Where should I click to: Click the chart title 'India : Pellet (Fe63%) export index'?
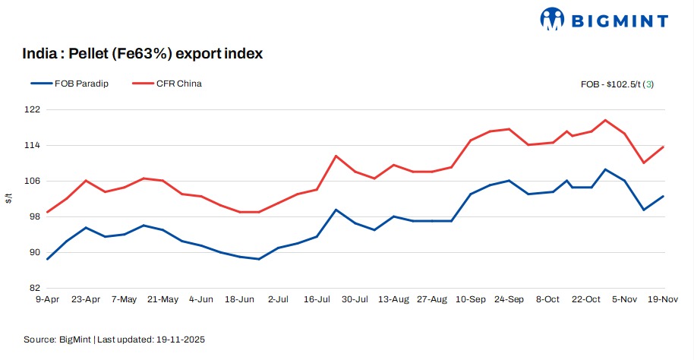tap(144, 54)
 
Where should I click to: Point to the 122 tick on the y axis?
tap(33, 109)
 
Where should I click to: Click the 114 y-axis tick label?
tap(33, 145)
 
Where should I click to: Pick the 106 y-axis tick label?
tap(33, 181)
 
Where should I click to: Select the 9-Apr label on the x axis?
tap(47, 300)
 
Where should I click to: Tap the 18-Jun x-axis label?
tap(239, 300)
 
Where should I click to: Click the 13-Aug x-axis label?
tap(393, 300)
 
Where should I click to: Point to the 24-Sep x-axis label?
tap(509, 300)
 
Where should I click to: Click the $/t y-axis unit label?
tap(9, 199)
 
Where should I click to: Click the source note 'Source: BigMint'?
tap(58, 339)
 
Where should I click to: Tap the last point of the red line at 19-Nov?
tap(664, 147)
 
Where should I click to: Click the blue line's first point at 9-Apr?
tap(48, 259)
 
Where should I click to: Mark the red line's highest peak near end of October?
tap(605, 120)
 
